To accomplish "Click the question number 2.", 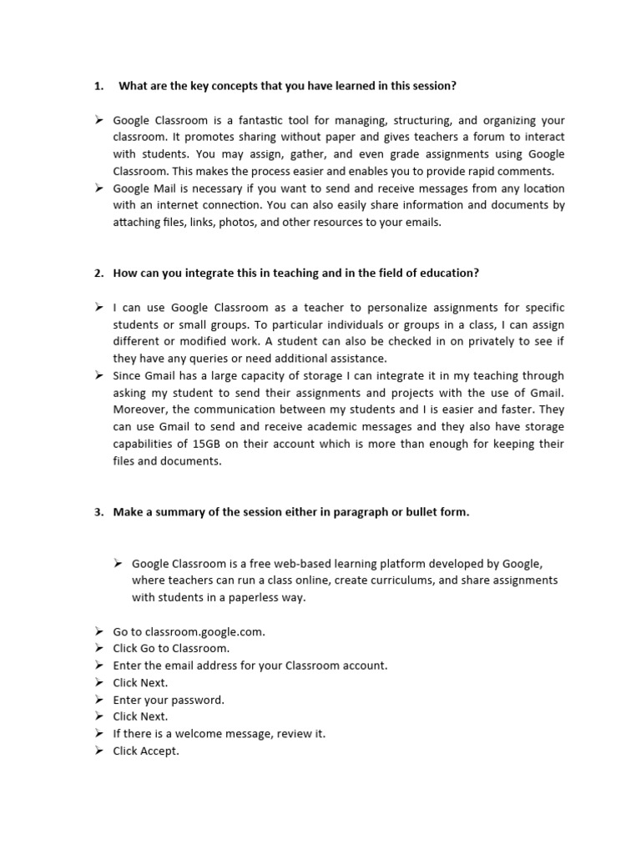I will coord(98,274).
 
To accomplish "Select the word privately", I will coord(461,342).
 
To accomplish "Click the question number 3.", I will coord(98,512).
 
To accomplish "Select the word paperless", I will coord(240,597).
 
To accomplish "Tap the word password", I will coord(197,700).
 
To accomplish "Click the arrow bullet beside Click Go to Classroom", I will coord(98,648).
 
